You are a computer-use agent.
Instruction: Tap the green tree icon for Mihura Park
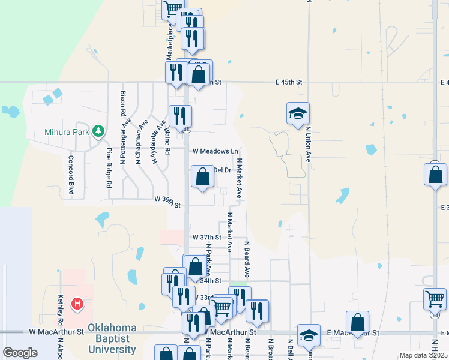(x=97, y=131)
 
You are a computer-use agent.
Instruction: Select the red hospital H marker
(x=77, y=304)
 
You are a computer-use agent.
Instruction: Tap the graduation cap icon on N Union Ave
(x=298, y=113)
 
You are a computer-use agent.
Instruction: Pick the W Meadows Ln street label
(x=215, y=151)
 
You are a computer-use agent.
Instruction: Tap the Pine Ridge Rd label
(x=110, y=169)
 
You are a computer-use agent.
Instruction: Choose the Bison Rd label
(x=123, y=103)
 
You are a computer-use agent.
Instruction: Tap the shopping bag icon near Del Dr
(x=203, y=176)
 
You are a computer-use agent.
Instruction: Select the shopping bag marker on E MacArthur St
(x=357, y=322)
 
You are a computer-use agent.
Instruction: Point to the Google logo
(x=20, y=353)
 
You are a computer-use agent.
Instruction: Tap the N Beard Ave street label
(x=247, y=259)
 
